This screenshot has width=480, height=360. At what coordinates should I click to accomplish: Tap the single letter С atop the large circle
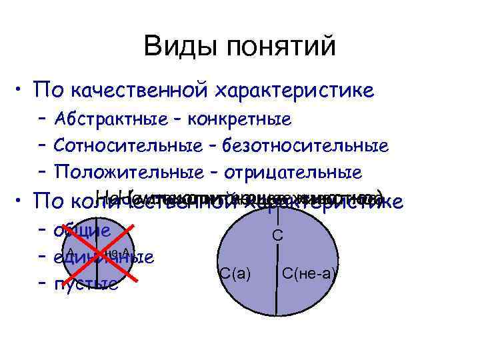tap(278, 235)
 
